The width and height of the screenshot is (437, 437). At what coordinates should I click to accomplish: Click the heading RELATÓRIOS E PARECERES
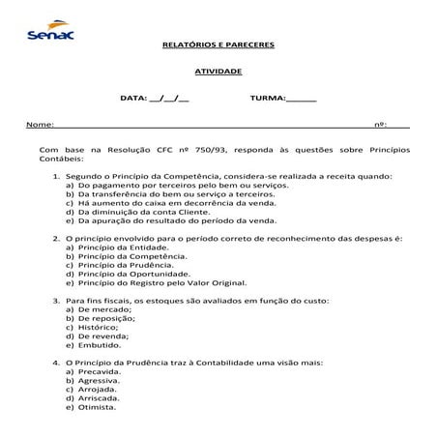point(218,44)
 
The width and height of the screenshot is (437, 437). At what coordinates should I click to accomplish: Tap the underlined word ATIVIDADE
point(218,72)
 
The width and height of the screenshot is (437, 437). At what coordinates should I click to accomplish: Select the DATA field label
point(133,99)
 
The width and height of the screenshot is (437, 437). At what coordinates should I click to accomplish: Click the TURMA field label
point(267,99)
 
